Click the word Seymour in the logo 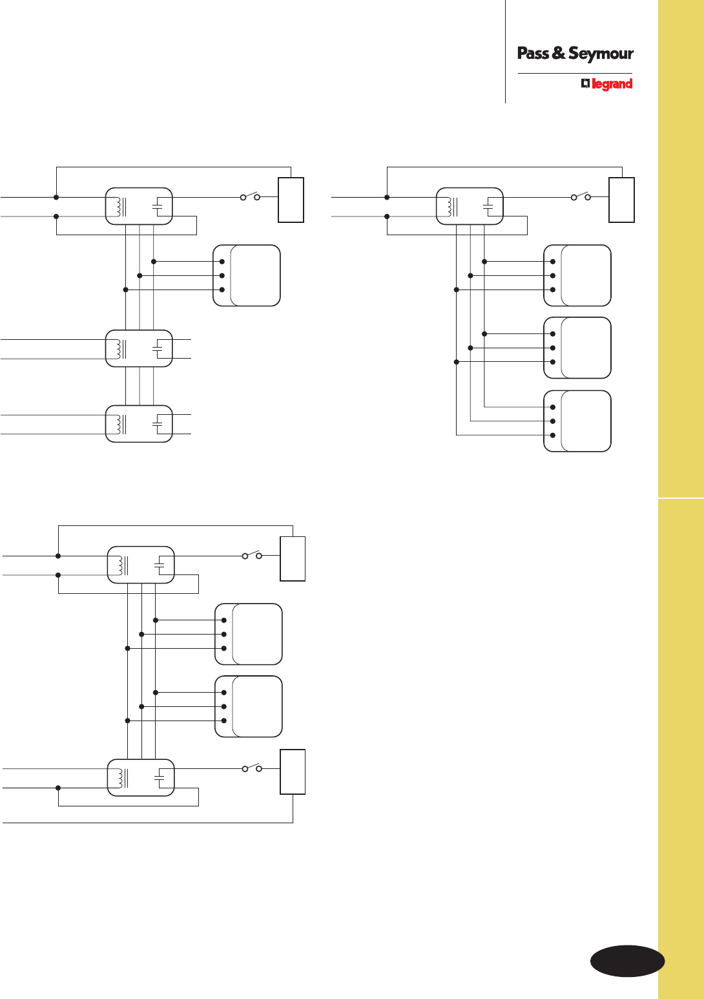click(601, 54)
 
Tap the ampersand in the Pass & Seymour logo click(559, 54)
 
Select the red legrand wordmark click(612, 84)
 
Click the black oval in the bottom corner click(627, 961)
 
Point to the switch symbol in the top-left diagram click(250, 196)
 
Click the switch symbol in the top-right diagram click(581, 196)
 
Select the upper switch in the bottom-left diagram click(252, 555)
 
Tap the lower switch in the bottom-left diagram click(252, 768)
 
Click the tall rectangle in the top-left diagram click(291, 200)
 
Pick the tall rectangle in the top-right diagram click(621, 200)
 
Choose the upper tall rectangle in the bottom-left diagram click(293, 558)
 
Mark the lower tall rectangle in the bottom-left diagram click(293, 772)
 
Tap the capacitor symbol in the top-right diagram click(489, 207)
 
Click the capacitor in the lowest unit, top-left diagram click(158, 424)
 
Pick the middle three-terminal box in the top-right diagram click(577, 348)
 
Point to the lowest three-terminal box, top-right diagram click(577, 421)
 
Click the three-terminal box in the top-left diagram click(247, 275)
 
